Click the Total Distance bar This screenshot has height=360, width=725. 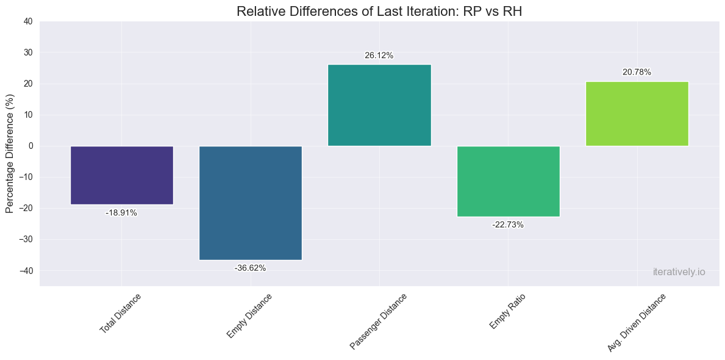tap(121, 175)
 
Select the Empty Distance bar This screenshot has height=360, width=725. tap(250, 203)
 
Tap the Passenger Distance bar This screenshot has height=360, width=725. tap(379, 105)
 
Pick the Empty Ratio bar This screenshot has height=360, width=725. tap(508, 181)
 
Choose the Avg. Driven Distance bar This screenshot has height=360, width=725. tap(637, 113)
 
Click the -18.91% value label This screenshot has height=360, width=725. tap(121, 213)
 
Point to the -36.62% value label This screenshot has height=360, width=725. tap(250, 268)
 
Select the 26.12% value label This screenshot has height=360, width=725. tap(379, 56)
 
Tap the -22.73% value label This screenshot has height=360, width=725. tap(508, 225)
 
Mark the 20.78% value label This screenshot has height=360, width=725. tap(637, 72)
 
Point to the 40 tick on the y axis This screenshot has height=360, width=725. tap(28, 21)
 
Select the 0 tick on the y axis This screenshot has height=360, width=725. tap(30, 146)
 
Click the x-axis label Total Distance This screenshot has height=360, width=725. tap(121, 313)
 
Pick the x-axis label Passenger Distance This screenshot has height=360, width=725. tap(379, 321)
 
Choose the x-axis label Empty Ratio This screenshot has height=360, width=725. tap(507, 311)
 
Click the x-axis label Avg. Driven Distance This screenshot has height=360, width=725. tap(637, 322)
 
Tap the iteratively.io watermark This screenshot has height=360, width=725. tap(678, 272)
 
